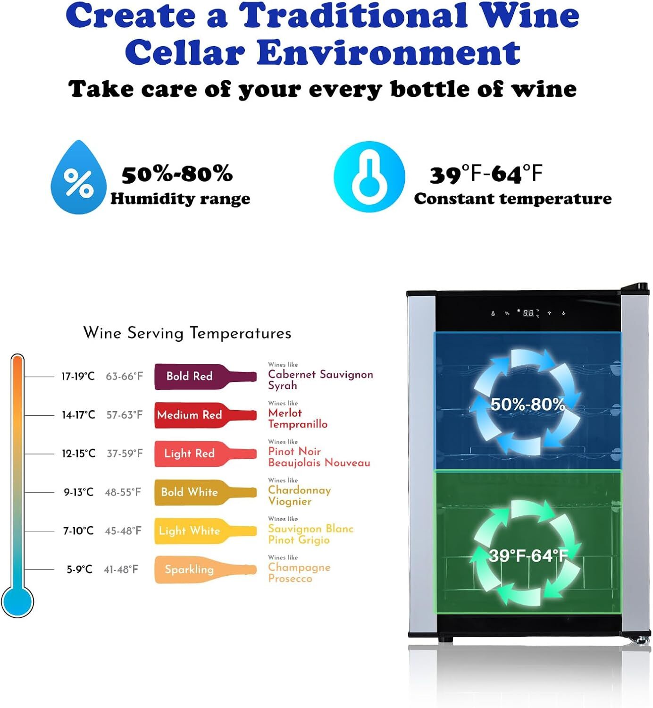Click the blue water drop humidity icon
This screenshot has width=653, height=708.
(x=78, y=179)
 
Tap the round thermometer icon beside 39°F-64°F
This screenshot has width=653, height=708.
(x=369, y=177)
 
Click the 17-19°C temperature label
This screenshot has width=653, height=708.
(x=78, y=376)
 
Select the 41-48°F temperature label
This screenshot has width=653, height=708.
(x=121, y=570)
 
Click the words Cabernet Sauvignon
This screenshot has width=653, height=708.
(x=320, y=374)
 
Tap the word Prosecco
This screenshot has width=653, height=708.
(x=290, y=579)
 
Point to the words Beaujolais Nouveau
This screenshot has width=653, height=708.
(x=319, y=463)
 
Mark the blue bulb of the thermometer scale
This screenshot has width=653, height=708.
(x=17, y=601)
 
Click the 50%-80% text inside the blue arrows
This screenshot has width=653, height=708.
(x=527, y=405)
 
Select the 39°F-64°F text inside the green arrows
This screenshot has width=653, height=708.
(x=528, y=556)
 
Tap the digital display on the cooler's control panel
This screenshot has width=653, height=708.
(x=528, y=313)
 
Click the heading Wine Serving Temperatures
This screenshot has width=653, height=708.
(x=187, y=333)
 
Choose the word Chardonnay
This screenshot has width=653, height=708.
(x=299, y=490)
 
